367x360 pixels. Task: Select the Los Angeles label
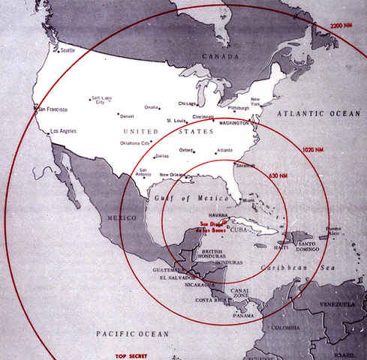click(x=63, y=132)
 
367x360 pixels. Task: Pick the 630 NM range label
click(x=286, y=176)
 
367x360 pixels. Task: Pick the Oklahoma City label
click(x=135, y=142)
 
